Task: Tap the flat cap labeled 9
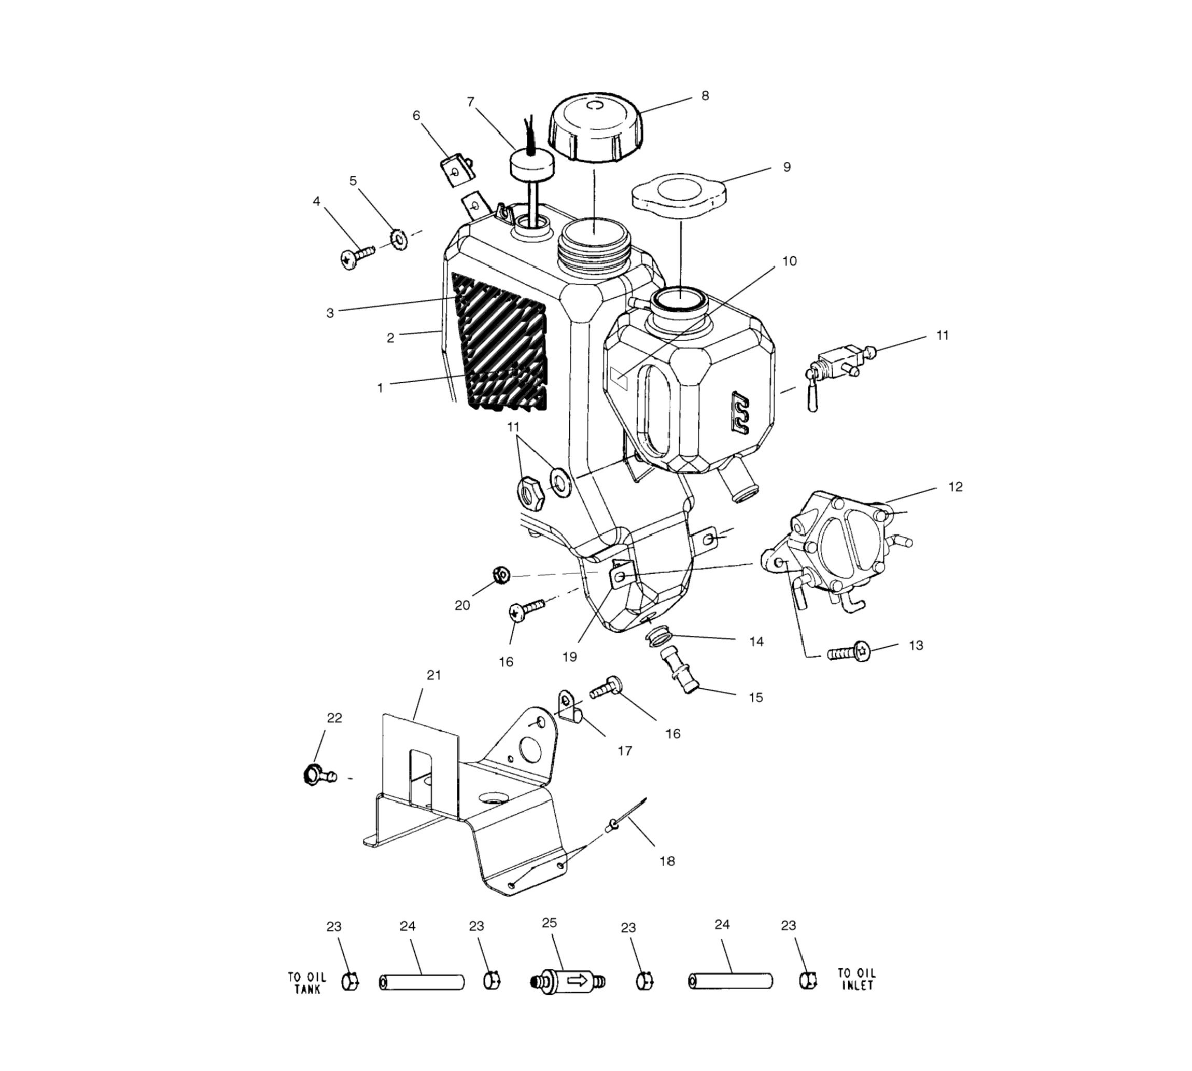(678, 194)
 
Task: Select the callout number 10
(789, 261)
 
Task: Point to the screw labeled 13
(848, 651)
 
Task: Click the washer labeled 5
(400, 239)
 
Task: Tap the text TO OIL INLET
(856, 979)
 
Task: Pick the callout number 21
(433, 676)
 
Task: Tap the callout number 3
(330, 313)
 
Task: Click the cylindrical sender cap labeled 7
(532, 163)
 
